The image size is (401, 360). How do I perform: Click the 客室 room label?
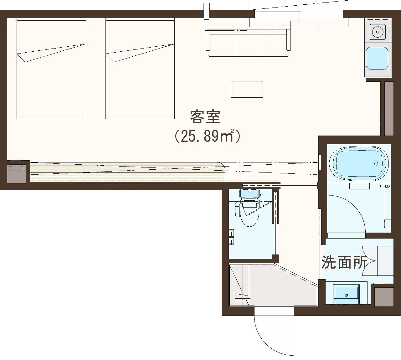click(205, 117)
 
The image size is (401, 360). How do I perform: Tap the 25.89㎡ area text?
click(207, 136)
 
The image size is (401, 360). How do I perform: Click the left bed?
click(51, 69)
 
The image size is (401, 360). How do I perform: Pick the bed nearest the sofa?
click(140, 69)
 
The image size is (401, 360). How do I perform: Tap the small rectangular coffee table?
click(247, 89)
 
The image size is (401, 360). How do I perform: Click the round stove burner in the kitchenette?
click(378, 32)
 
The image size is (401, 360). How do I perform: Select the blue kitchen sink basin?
click(377, 58)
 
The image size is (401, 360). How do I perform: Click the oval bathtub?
click(359, 163)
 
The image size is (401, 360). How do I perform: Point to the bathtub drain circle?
click(376, 163)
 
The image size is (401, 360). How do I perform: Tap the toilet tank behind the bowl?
click(249, 193)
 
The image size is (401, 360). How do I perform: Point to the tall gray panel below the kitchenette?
click(389, 108)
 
